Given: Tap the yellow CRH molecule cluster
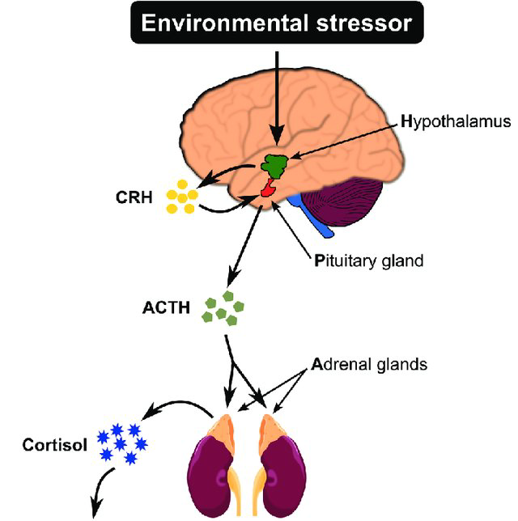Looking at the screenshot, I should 181,197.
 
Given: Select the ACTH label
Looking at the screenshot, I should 165,307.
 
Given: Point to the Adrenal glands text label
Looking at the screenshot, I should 369,364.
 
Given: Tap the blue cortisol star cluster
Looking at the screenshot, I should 121,443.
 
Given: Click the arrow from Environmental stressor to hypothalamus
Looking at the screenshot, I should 278,97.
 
